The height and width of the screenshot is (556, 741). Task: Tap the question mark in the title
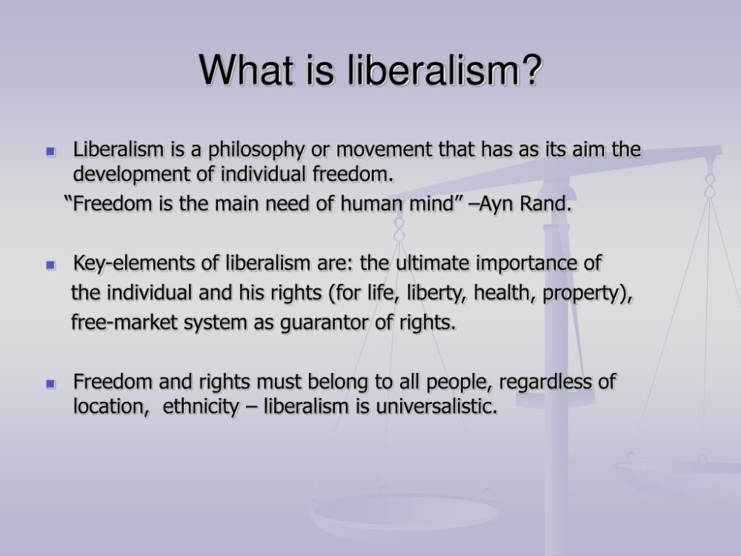(531, 71)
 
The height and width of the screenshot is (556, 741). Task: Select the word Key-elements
(131, 263)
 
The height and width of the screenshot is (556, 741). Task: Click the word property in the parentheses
(586, 294)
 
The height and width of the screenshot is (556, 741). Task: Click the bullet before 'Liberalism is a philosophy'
(51, 151)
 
